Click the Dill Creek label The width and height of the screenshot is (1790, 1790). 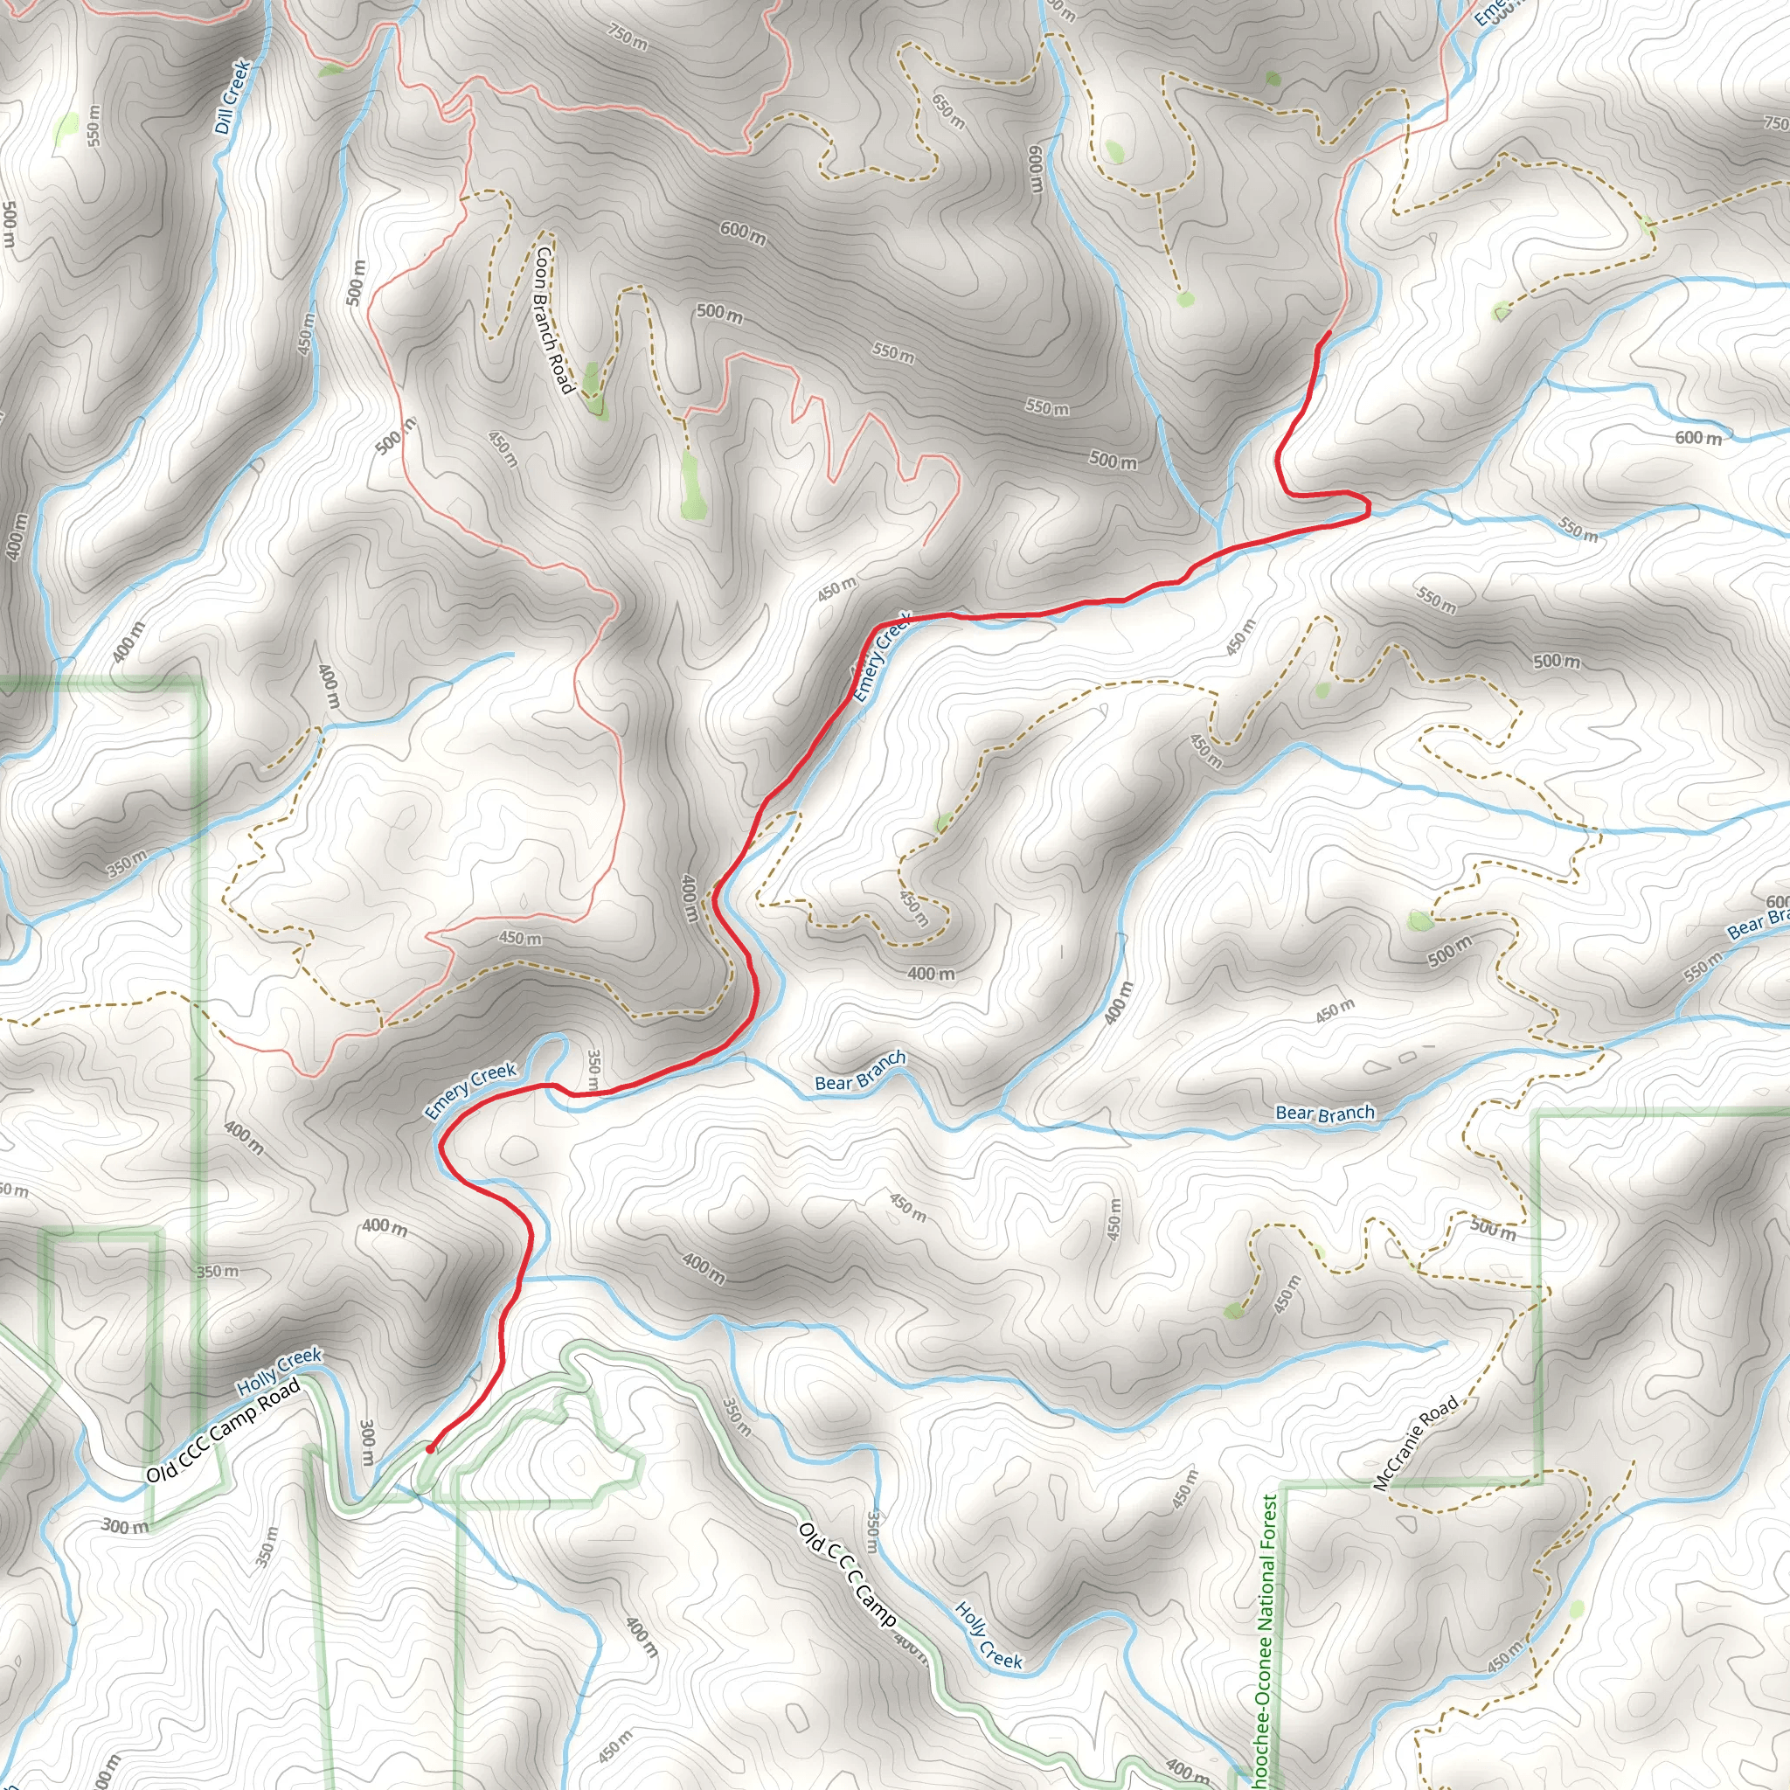(x=232, y=96)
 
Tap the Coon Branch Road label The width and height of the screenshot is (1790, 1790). (x=554, y=318)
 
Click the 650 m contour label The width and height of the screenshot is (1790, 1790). (x=947, y=111)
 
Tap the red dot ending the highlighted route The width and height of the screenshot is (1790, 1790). (x=430, y=1448)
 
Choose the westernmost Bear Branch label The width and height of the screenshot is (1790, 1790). (x=860, y=1070)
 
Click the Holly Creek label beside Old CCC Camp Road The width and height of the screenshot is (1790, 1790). (x=278, y=1372)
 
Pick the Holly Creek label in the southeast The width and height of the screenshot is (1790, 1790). (x=989, y=1635)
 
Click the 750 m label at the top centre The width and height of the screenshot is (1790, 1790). (x=628, y=38)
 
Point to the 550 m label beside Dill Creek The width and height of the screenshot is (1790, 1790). (x=94, y=124)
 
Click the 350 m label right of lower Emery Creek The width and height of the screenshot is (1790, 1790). (x=593, y=1068)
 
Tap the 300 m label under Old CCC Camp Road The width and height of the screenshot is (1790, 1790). (x=124, y=1526)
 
